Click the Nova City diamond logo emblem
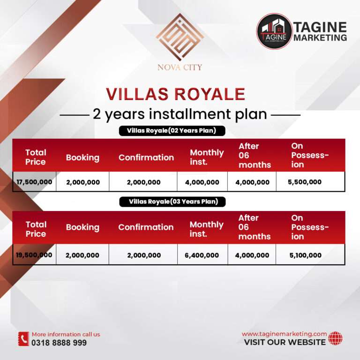[180, 37]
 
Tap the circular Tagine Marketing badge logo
[274, 31]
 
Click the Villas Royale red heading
[176, 94]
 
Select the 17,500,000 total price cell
[34, 182]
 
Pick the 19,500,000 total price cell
[34, 255]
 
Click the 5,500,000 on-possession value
[305, 182]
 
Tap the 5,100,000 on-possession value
[305, 255]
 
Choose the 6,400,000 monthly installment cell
[202, 255]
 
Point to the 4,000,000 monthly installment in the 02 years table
[202, 182]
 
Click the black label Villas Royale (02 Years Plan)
[172, 131]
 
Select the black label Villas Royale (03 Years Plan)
[172, 202]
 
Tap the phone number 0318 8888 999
[59, 343]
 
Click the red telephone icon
[23, 339]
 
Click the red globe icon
[335, 338]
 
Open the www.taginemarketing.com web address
[284, 334]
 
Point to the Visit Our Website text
[285, 342]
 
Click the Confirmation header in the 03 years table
[146, 227]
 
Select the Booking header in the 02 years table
[82, 157]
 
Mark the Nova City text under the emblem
[180, 67]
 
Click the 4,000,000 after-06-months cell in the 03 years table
[252, 255]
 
